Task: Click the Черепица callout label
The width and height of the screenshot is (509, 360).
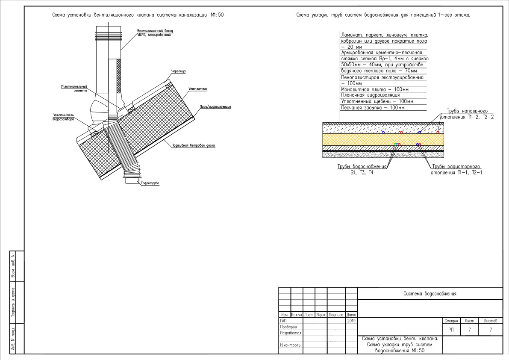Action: pos(179,71)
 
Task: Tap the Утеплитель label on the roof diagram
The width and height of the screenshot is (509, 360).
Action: pos(198,89)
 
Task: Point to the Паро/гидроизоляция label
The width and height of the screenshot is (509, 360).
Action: pos(215,106)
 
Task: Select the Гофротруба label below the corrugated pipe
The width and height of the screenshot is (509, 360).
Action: pos(150,183)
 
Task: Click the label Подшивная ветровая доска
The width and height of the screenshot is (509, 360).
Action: pos(193,145)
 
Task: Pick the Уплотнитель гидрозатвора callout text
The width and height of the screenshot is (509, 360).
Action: pos(64,117)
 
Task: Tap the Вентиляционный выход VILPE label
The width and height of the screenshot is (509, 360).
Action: pos(155,33)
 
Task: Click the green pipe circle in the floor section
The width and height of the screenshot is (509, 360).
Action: pos(395,145)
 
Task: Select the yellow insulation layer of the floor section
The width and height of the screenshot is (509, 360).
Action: pos(383,139)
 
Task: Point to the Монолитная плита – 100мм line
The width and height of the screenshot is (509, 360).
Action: pos(375,89)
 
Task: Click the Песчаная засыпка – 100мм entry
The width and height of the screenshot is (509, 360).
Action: pos(373,108)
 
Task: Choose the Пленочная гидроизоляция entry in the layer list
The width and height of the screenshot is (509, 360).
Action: pos(371,95)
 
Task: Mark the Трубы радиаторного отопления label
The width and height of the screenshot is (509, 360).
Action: pos(456,169)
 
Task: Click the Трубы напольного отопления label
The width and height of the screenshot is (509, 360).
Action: pos(467,114)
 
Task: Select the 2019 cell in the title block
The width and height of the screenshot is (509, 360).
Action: pos(351,321)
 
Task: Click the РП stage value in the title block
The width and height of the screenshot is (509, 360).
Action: pos(451,330)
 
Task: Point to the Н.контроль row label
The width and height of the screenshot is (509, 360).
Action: pos(290,345)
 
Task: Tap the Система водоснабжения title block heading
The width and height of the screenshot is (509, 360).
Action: pos(430,294)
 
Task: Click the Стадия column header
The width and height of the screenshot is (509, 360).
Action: pos(451,321)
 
